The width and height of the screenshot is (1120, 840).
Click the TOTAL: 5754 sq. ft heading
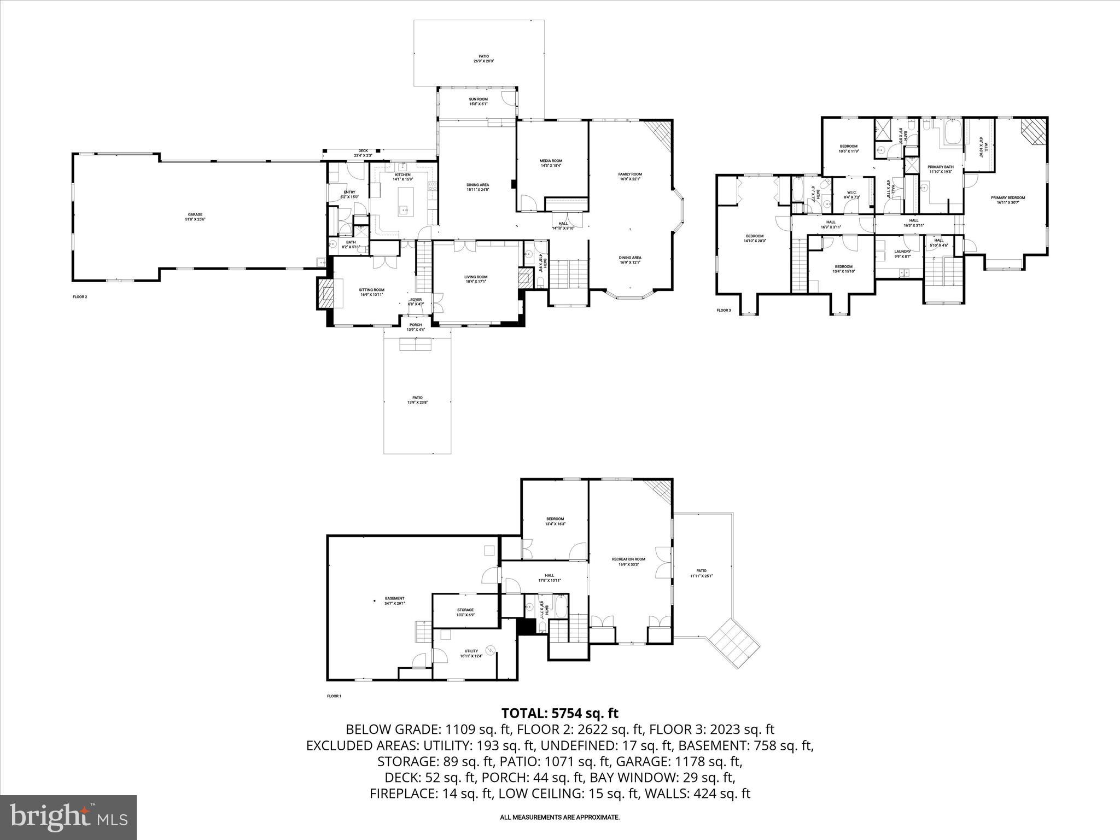pos(559,713)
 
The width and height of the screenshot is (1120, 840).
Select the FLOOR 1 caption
pos(334,696)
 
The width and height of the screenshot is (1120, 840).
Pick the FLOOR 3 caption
pos(723,310)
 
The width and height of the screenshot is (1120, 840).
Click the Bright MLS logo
pos(68,818)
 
